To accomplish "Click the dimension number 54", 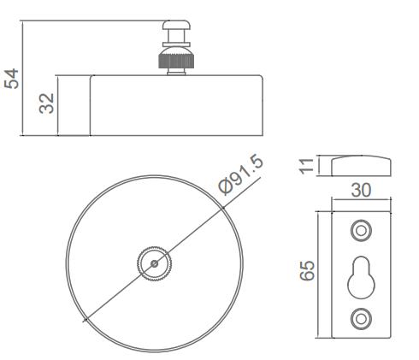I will [12, 80].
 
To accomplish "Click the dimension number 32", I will [48, 103].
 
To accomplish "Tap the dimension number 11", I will [300, 165].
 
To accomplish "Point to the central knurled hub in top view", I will [153, 260].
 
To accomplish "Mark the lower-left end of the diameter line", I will [84, 320].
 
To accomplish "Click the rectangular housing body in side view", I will [175, 104].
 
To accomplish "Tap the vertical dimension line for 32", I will [60, 103].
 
